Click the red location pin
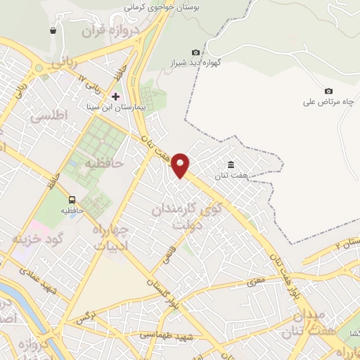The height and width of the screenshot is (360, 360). point(181,164)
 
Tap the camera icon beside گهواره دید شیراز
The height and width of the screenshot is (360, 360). point(195,52)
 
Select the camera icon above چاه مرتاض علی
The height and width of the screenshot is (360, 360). point(328,91)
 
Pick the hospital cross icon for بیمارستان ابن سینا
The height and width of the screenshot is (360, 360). point(116,96)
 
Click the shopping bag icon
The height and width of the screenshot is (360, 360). point(53,30)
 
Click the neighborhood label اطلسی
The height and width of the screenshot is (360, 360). point(49,114)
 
